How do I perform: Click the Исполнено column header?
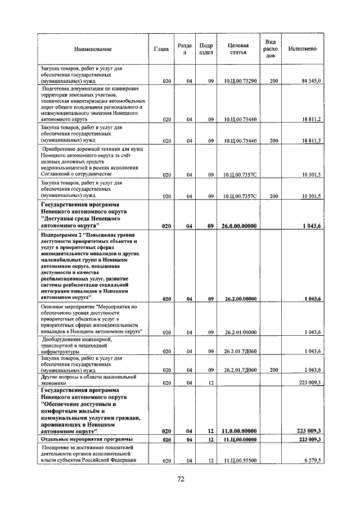tap(302, 49)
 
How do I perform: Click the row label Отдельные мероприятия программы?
tap(87, 439)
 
